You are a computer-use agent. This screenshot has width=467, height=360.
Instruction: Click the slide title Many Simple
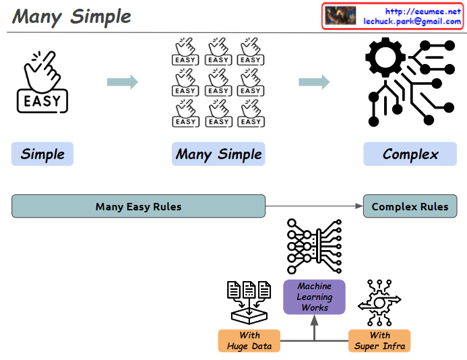coord(72,16)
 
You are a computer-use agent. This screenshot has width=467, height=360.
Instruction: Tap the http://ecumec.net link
coord(423,11)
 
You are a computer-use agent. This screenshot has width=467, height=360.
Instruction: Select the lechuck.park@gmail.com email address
coord(412,22)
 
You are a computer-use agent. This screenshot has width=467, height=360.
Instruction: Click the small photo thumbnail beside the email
coord(340,16)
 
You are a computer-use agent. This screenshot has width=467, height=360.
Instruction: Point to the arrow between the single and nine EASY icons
coord(122,82)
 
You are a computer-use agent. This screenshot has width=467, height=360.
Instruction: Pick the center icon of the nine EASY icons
coord(218,82)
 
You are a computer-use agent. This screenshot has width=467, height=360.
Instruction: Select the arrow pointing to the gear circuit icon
coord(314,82)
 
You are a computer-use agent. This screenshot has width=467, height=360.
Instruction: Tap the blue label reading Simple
coord(42,154)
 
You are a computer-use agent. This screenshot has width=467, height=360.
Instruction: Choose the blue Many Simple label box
coord(218,154)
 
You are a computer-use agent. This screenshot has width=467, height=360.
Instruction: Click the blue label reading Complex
coord(410,154)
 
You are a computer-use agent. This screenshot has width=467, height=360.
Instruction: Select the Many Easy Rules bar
coord(138,206)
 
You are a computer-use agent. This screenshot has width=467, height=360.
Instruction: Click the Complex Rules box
coord(410,206)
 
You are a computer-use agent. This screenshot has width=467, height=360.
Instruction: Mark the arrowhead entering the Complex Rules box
coord(359,206)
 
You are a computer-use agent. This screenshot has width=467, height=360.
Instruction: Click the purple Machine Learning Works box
coord(314,297)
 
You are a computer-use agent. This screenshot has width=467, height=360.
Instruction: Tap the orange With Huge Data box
coord(249,340)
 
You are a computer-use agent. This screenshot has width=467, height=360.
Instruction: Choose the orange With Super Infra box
coord(379,340)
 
